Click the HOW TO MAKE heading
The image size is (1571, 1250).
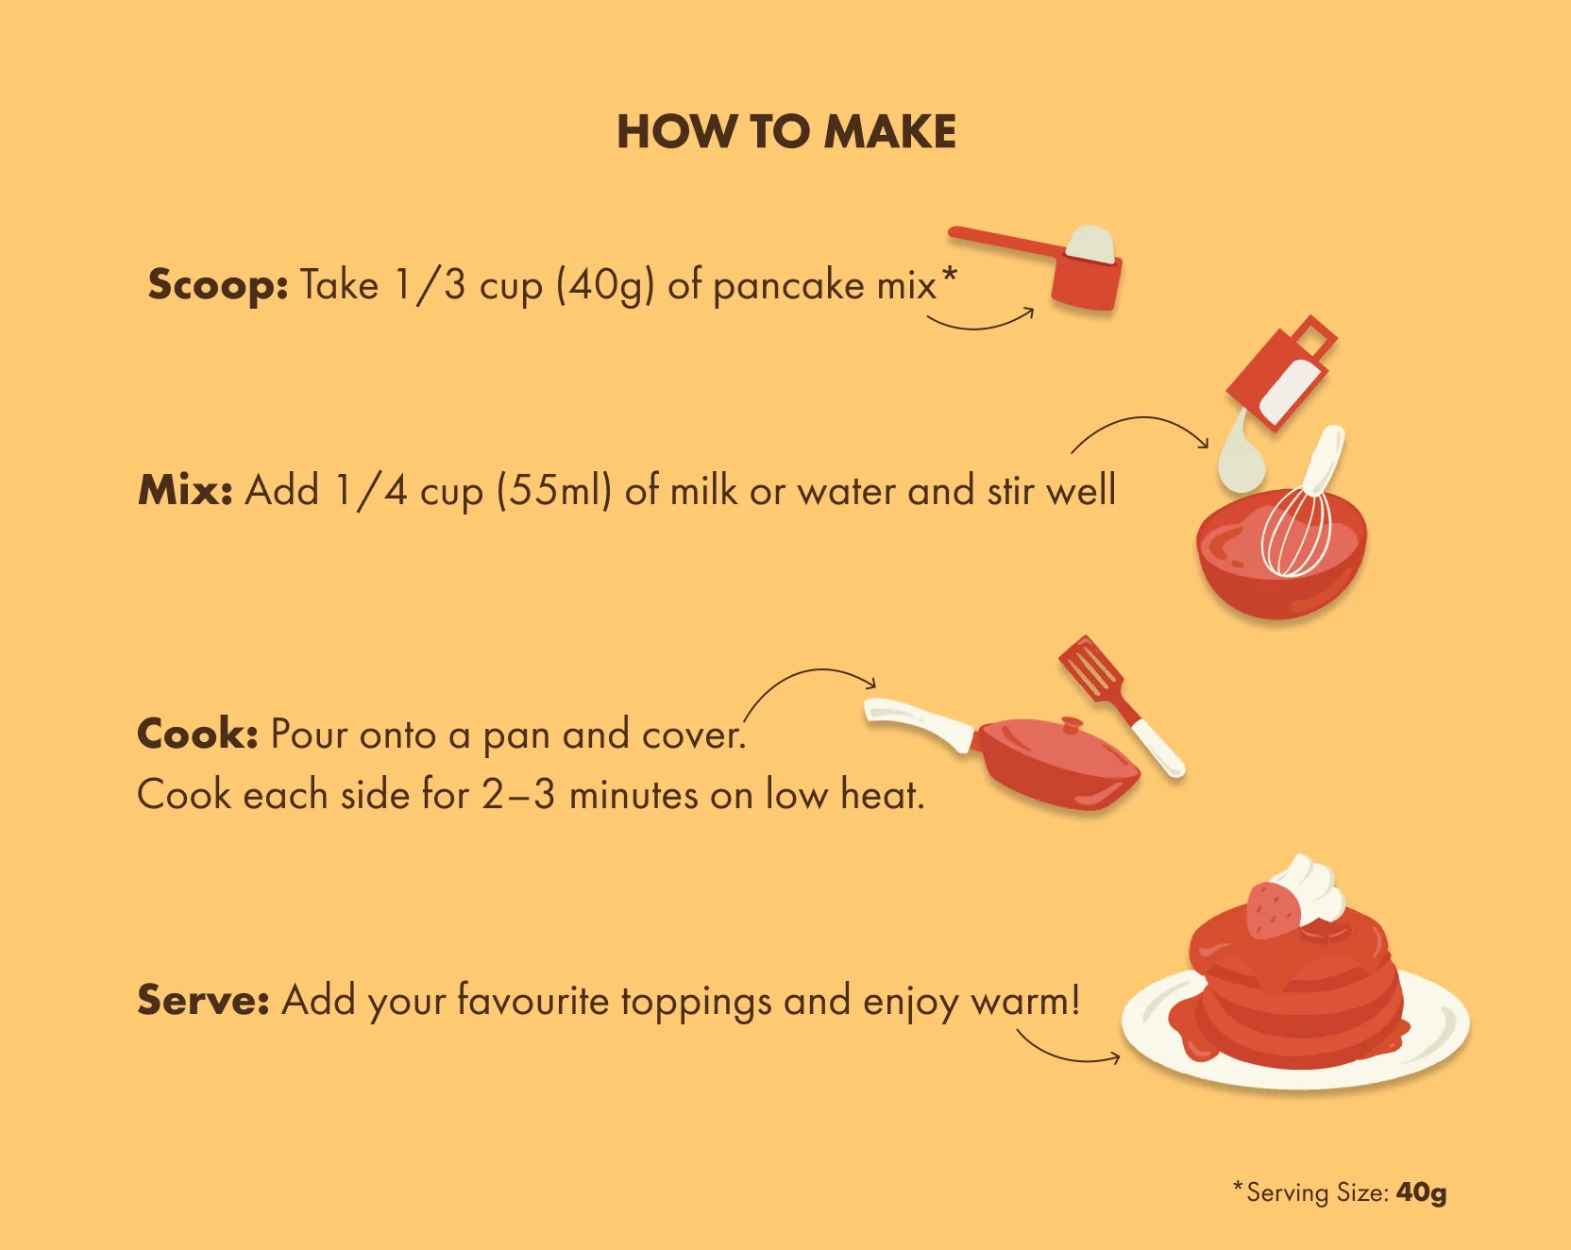[786, 132]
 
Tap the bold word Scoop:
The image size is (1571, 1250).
[218, 285]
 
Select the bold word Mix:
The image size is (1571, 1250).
[185, 490]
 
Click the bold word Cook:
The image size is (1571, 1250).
[197, 734]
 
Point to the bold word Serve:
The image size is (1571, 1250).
[203, 1000]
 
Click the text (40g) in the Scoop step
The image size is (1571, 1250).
[604, 285]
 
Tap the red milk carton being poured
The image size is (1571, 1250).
[1281, 372]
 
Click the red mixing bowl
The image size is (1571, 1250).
[1279, 576]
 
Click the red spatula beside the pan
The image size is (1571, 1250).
[1095, 670]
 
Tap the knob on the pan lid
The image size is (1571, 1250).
[1072, 725]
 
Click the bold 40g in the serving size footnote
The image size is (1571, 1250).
[1421, 1192]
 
